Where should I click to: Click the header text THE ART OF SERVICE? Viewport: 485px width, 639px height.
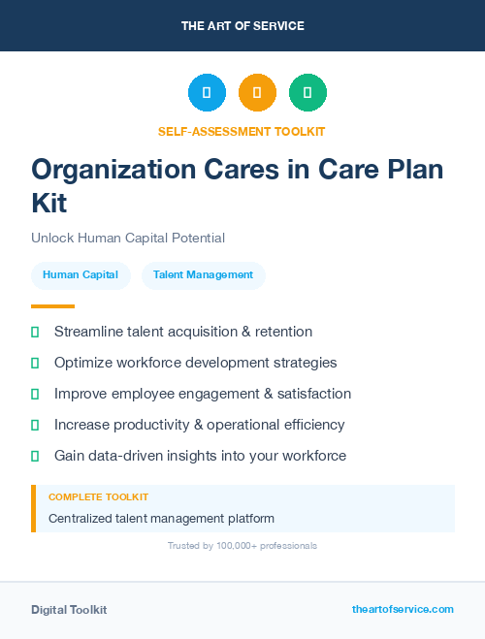pos(242,26)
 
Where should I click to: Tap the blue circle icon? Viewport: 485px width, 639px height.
pos(207,92)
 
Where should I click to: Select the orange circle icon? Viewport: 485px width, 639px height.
pos(257,92)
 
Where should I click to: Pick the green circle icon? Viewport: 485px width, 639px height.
pos(307,92)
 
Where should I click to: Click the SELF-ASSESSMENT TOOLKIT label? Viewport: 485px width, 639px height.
pos(242,131)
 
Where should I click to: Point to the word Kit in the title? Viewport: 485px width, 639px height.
pos(49,203)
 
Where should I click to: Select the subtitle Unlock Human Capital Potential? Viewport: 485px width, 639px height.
pos(128,238)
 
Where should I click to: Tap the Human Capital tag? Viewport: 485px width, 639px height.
pos(81,275)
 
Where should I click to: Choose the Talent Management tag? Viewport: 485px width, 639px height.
pos(203,275)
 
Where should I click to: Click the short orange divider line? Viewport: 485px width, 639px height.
pos(53,306)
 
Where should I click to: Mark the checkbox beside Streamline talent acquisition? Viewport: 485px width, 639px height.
pos(35,332)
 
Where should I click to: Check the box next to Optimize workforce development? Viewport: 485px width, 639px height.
pos(35,363)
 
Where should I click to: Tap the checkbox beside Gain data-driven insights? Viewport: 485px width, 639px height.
pos(35,456)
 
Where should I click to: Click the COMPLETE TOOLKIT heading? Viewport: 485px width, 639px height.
pos(98,496)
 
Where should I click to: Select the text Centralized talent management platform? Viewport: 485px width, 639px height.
pos(161,519)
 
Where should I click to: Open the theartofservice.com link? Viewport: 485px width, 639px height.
pos(403,609)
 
